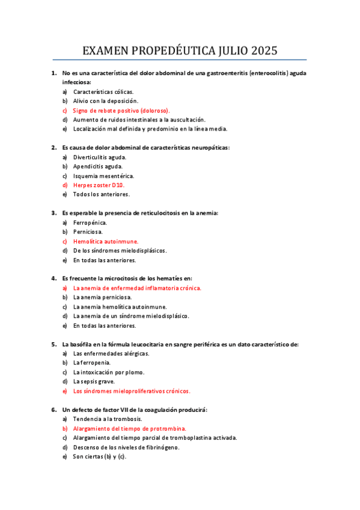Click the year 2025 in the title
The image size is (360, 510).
(x=261, y=51)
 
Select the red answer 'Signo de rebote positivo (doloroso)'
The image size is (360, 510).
(x=121, y=111)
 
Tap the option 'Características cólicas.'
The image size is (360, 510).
(x=103, y=91)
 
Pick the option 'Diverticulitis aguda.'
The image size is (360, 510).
(x=100, y=156)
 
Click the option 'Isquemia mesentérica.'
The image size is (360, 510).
(x=103, y=176)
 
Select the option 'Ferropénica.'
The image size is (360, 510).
(x=90, y=222)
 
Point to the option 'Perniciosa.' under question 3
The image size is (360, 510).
(x=88, y=232)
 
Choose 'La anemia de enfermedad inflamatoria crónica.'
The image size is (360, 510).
(x=137, y=287)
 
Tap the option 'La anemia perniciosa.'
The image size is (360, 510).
(x=102, y=297)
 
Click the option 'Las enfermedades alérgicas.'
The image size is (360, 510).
(x=111, y=353)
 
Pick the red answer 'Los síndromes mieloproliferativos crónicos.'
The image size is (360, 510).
(x=132, y=391)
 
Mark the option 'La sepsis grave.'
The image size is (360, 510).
(x=94, y=381)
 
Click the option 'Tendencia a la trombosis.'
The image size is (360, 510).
(x=108, y=419)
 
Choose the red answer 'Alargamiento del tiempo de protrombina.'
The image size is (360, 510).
(x=129, y=428)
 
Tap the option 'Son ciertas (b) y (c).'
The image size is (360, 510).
(x=100, y=456)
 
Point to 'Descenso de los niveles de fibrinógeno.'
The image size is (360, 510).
(x=126, y=447)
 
